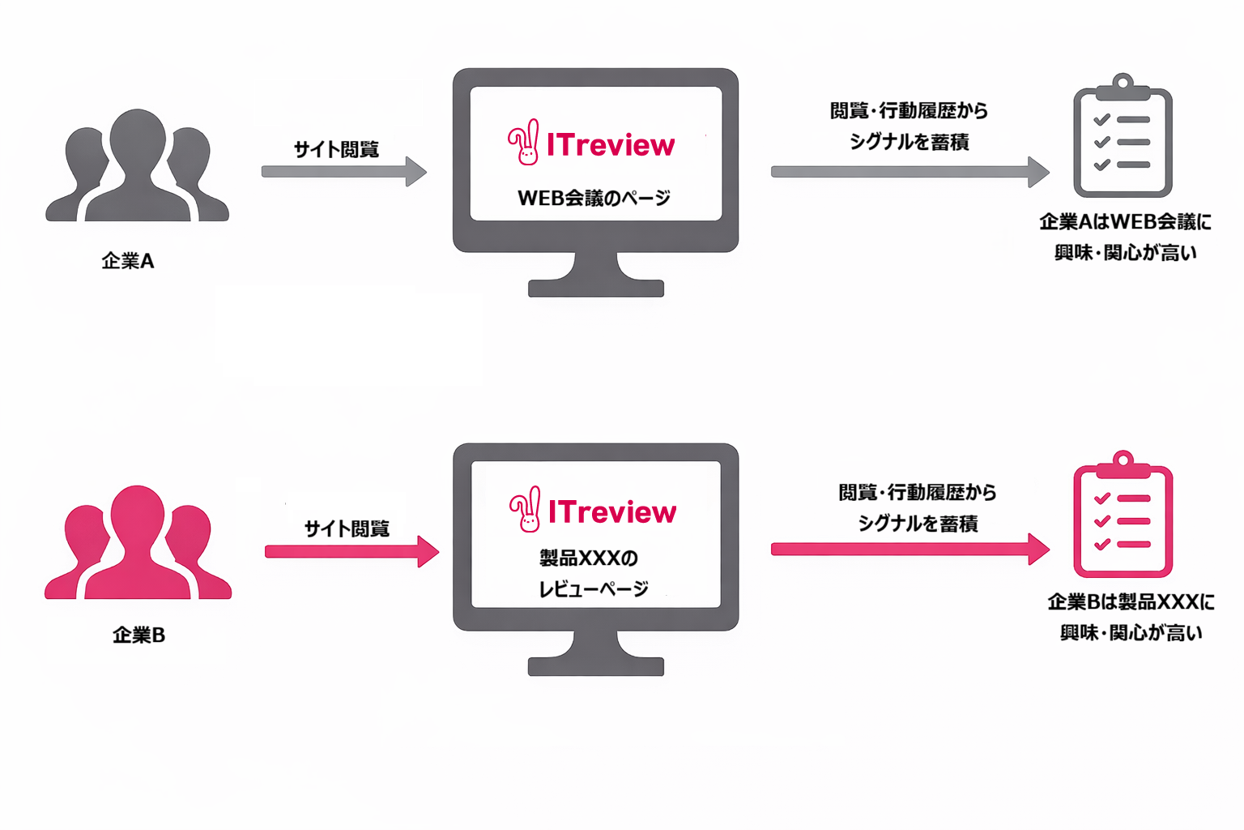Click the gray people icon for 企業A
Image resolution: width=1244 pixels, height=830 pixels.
pyautogui.click(x=137, y=170)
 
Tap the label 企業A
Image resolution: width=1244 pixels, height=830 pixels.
pyautogui.click(x=128, y=261)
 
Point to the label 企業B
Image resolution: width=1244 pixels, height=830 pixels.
pyautogui.click(x=138, y=635)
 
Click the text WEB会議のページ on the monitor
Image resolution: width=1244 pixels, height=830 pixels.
pyautogui.click(x=594, y=198)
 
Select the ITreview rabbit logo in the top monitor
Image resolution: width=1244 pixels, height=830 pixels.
pyautogui.click(x=524, y=143)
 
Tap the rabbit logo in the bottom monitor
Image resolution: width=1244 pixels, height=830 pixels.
pyautogui.click(x=526, y=510)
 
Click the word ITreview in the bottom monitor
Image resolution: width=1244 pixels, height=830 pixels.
pyautogui.click(x=612, y=512)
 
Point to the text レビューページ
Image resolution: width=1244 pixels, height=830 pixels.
pyautogui.click(x=594, y=589)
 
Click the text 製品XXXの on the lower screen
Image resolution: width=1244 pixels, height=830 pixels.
pyautogui.click(x=589, y=558)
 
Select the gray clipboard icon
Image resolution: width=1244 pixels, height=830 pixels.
pyautogui.click(x=1123, y=138)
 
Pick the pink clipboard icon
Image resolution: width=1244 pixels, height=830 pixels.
pyautogui.click(x=1123, y=516)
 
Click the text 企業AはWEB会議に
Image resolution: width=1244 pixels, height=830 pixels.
pyautogui.click(x=1125, y=221)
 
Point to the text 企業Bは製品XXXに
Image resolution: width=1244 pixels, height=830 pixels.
pyautogui.click(x=1131, y=601)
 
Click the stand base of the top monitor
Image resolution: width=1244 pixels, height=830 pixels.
pyautogui.click(x=596, y=288)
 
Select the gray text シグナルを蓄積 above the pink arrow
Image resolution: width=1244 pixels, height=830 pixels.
pyautogui.click(x=918, y=524)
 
